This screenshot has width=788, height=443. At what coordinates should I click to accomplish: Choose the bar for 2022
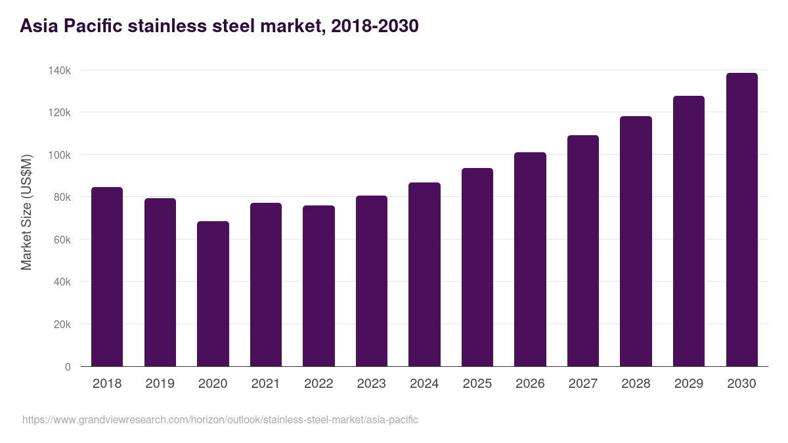click(318, 286)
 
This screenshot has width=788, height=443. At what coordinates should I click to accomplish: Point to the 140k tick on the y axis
click(58, 70)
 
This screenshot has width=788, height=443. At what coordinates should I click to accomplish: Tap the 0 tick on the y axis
click(68, 367)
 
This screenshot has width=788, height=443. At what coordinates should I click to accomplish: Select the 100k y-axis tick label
click(58, 155)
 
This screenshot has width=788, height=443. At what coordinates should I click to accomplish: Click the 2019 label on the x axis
click(160, 384)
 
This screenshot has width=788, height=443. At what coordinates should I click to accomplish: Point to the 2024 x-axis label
click(424, 384)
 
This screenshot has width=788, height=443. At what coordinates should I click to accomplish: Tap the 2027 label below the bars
click(582, 384)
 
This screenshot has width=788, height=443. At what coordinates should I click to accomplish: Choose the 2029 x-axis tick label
click(688, 384)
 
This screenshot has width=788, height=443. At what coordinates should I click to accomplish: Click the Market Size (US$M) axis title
click(27, 211)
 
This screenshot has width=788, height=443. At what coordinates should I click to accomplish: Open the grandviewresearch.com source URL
click(220, 419)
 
